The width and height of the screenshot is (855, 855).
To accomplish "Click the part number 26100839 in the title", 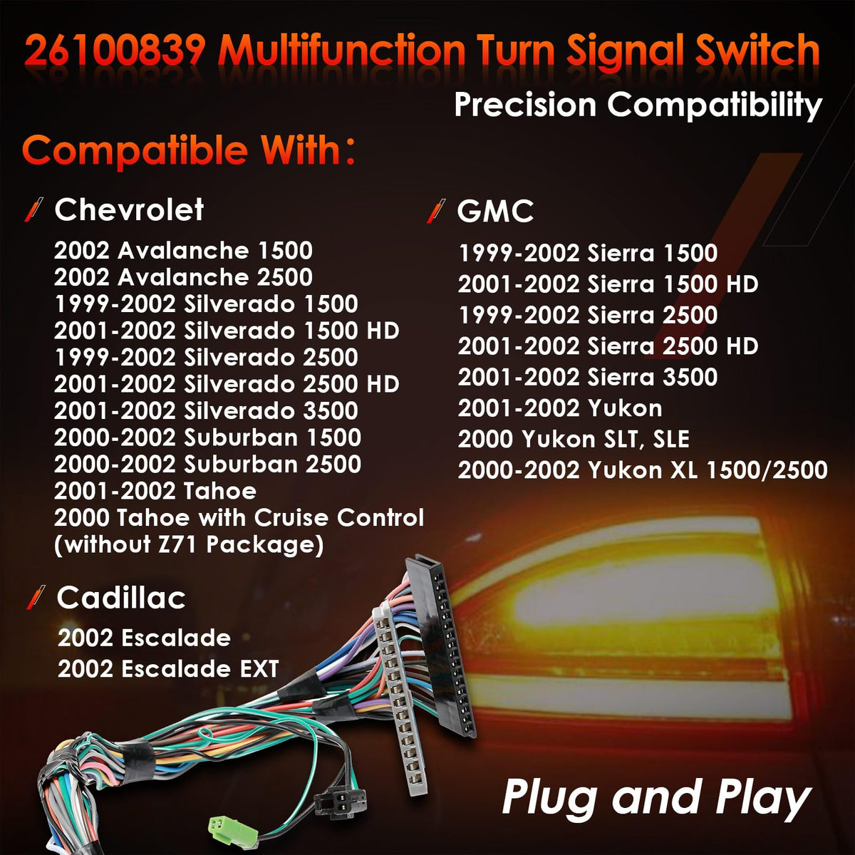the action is tap(115, 51).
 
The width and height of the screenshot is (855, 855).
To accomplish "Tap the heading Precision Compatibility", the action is tap(638, 106).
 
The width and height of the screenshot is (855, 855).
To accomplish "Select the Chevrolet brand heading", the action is tap(129, 209).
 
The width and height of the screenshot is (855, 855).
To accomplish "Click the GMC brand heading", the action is tap(495, 211).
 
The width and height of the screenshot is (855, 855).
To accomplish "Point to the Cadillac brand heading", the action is tap(121, 597).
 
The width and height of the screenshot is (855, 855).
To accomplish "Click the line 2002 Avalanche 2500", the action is tap(183, 277).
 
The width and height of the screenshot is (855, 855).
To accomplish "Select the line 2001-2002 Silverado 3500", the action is tap(206, 410).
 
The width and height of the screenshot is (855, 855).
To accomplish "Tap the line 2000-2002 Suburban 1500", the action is tap(207, 437).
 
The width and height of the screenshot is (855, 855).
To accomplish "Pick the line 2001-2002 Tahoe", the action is tap(155, 491).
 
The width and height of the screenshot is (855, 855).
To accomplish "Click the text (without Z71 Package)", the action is tap(189, 545).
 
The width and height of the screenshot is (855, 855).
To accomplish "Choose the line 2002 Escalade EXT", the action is tap(168, 668).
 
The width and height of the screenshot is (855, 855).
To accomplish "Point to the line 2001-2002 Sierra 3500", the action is tap(588, 377).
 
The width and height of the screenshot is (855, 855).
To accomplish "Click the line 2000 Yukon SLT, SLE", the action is tap(574, 440).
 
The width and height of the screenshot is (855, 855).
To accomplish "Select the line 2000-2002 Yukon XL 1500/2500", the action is tap(643, 470).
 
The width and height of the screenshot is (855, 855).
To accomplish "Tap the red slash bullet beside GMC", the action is tap(436, 211).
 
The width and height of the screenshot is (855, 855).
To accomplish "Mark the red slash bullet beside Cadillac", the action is tap(36, 597).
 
